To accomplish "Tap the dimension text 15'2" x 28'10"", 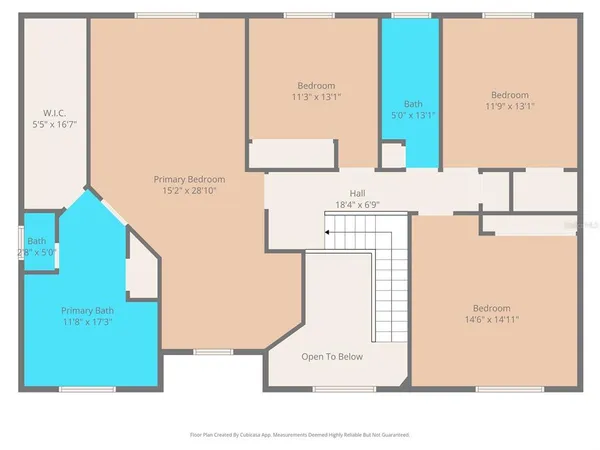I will [x=189, y=190].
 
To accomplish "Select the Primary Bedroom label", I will [x=189, y=179].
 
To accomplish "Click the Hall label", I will [x=357, y=193].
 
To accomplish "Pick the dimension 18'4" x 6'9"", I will [x=357, y=204].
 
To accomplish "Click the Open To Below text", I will [x=332, y=356].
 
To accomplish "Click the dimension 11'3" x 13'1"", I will [x=316, y=97].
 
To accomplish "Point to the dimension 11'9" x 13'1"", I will [x=509, y=106].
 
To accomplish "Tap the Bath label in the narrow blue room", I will [x=413, y=103].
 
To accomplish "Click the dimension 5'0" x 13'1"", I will [x=413, y=114].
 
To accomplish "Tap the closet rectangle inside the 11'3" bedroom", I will [x=291, y=154].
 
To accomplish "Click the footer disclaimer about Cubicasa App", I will [x=300, y=435].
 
